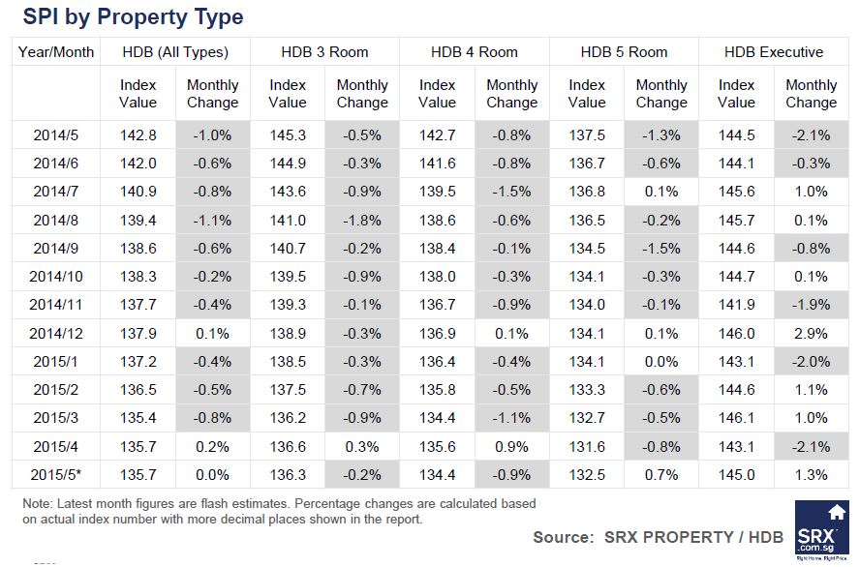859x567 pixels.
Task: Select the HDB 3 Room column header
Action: pos(324,52)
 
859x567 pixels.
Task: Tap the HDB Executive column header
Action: pos(774,52)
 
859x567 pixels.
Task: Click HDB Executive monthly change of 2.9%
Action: pos(811,334)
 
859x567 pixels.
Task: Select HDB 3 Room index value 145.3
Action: pos(288,134)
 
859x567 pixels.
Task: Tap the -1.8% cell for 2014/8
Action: pos(362,221)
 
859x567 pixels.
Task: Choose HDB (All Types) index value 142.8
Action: pos(138,134)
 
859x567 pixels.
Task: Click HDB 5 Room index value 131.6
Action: pos(587,447)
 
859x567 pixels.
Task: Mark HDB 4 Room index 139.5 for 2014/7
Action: pos(438,192)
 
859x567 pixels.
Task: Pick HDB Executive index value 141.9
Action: pos(737,305)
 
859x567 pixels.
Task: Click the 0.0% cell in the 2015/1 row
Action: pos(661,362)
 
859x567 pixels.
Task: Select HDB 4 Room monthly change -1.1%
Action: pos(511,419)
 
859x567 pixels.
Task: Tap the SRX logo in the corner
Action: pos(822,531)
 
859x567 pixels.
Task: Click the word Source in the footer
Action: pos(562,537)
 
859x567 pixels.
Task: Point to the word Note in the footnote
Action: pos(38,504)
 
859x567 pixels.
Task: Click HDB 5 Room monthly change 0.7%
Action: pos(661,475)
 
